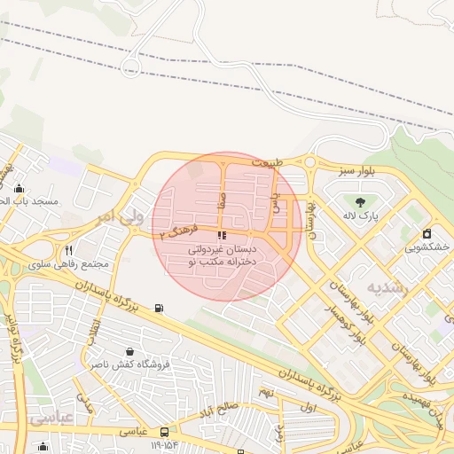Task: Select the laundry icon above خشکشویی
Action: click(x=427, y=234)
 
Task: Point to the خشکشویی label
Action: click(x=426, y=248)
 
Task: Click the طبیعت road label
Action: click(x=270, y=164)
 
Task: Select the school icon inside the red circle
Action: click(x=221, y=235)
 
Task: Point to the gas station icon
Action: click(x=159, y=309)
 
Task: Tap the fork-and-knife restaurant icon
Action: click(x=69, y=250)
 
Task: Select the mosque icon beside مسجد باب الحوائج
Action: click(x=20, y=188)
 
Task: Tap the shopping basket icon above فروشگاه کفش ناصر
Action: click(x=130, y=351)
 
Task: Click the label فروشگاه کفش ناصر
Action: click(x=123, y=364)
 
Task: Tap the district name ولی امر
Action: click(x=119, y=217)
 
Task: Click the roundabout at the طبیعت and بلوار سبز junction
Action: click(x=309, y=162)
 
